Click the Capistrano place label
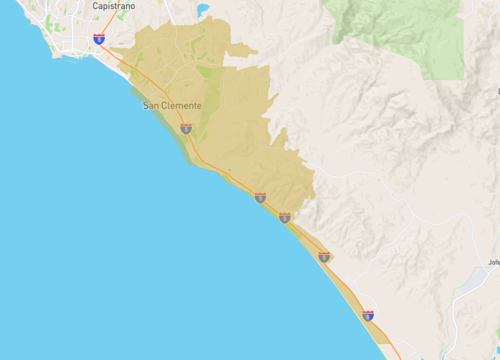(x=113, y=6)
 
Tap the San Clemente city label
(x=172, y=106)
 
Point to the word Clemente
(x=182, y=106)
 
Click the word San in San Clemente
(x=151, y=106)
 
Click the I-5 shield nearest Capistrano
(x=98, y=39)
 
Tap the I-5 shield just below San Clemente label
(x=186, y=128)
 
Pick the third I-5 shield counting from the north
(x=260, y=197)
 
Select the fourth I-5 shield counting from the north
(x=285, y=217)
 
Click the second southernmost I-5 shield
(x=324, y=257)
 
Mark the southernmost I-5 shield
(x=369, y=315)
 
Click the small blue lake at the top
(x=203, y=10)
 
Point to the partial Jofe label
(x=493, y=263)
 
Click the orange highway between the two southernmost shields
(x=346, y=286)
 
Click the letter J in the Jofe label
(x=489, y=263)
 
